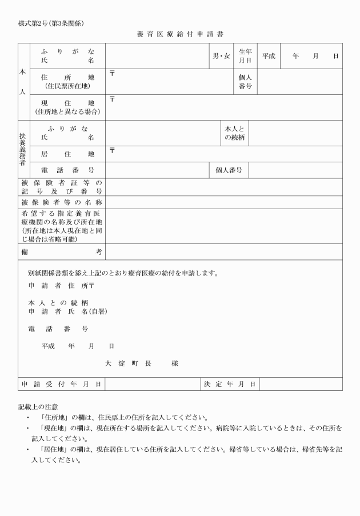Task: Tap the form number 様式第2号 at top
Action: point(52,23)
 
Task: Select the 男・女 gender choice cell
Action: point(221,56)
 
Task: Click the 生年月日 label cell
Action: point(245,56)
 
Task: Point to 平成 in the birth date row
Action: point(269,56)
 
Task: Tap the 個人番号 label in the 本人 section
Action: point(245,81)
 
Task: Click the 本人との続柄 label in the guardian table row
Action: point(234,133)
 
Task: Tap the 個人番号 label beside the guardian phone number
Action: point(229,170)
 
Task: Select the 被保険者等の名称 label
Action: point(62,202)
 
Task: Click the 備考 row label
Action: point(62,251)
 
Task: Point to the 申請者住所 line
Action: point(61,285)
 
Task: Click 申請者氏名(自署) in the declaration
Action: point(67,311)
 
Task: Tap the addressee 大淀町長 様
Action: point(141,363)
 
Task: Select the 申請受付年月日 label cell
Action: point(62,384)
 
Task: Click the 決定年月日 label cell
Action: point(230,384)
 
